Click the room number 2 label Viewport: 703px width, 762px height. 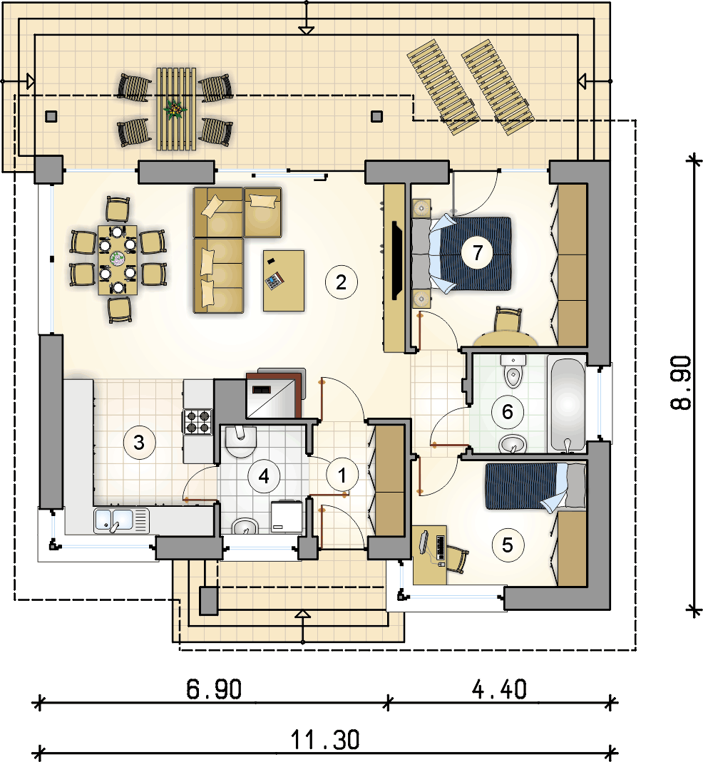click(x=341, y=282)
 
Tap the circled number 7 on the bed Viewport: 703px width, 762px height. click(x=478, y=253)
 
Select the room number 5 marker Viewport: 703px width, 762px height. click(x=508, y=545)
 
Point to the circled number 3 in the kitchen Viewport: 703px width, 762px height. click(x=139, y=442)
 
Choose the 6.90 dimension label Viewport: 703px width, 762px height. click(x=214, y=689)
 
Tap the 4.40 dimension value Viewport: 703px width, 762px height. click(x=499, y=689)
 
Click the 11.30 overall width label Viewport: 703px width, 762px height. click(x=324, y=740)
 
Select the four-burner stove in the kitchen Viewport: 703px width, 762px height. click(x=198, y=422)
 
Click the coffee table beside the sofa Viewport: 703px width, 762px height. click(x=284, y=280)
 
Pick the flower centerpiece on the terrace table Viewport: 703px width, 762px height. click(x=175, y=109)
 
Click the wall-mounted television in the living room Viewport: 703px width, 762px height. click(x=396, y=260)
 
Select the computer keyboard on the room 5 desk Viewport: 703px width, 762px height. click(x=441, y=547)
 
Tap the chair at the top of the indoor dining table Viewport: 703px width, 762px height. click(x=118, y=210)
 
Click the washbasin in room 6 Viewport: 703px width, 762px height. click(x=513, y=443)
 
